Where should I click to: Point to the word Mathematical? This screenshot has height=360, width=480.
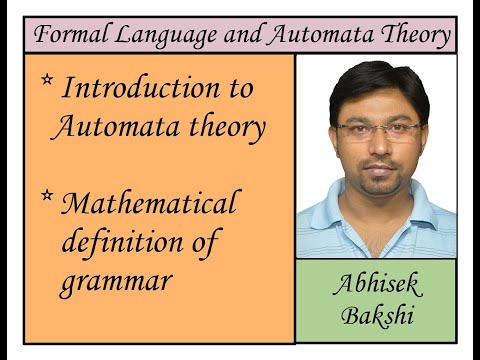pos(150,204)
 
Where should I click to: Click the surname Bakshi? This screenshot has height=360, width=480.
pos(377,316)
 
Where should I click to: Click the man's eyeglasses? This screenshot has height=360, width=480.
pos(378,130)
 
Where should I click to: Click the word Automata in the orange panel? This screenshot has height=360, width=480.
pos(110,127)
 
